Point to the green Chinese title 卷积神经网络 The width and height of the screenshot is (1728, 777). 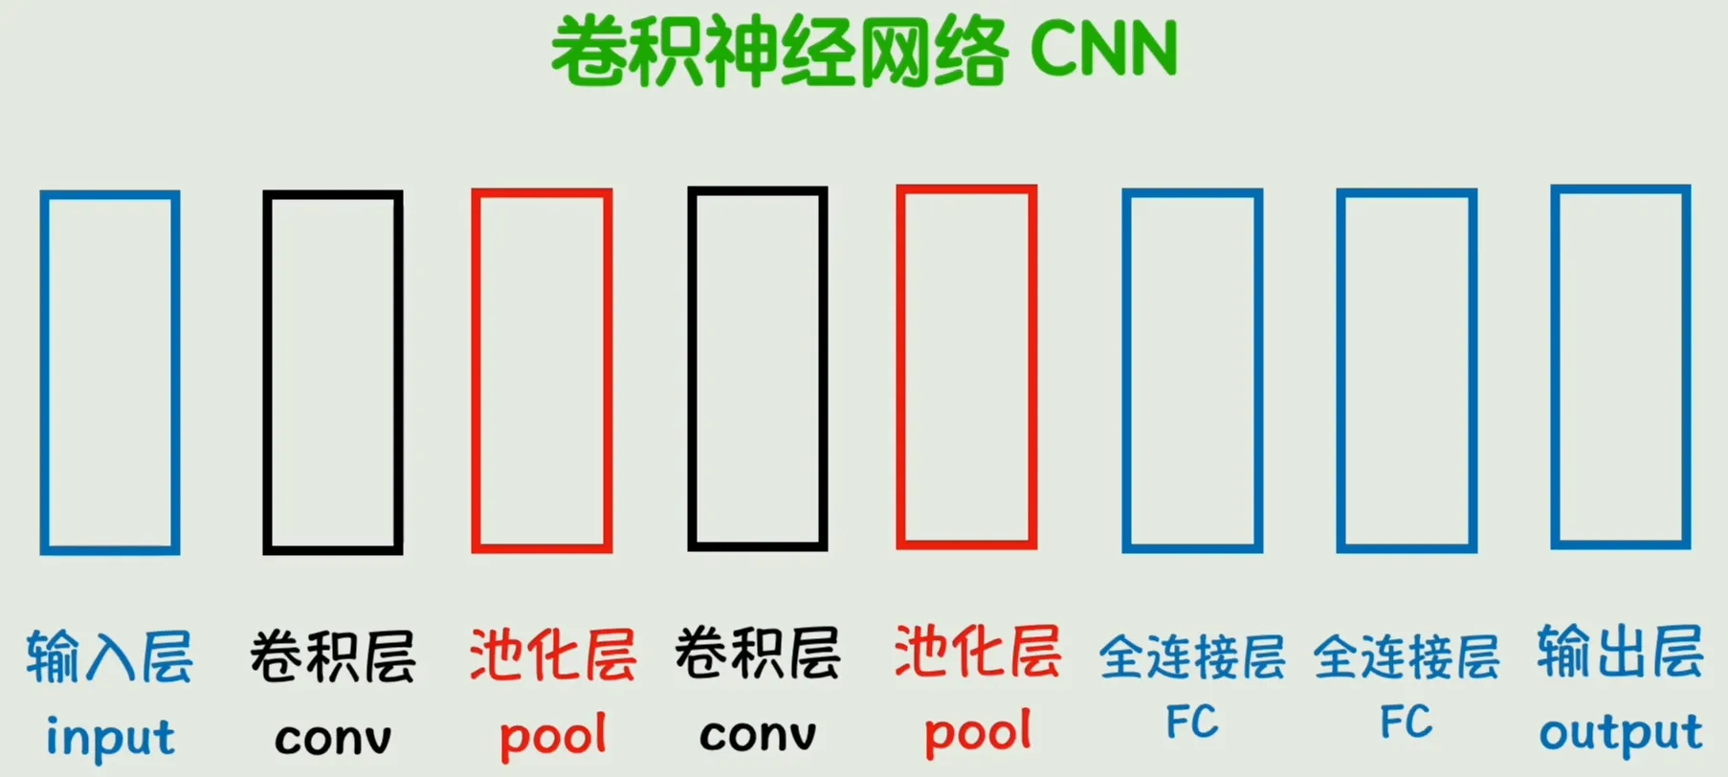click(780, 51)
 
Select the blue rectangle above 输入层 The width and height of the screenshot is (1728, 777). click(42, 372)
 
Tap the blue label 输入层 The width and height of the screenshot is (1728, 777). click(109, 656)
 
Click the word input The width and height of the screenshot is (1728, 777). click(110, 738)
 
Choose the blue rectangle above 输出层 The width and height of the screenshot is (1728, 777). click(1554, 367)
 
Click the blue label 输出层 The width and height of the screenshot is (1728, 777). click(1621, 652)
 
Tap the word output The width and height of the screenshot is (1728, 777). click(1621, 733)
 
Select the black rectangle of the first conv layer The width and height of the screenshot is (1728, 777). click(266, 372)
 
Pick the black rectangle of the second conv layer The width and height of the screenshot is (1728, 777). click(691, 368)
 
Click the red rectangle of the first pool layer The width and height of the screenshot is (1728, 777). click(475, 370)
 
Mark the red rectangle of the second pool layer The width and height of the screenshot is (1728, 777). click(899, 367)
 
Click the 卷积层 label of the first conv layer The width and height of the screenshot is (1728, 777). click(333, 656)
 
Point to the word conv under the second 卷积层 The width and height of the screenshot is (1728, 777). click(758, 735)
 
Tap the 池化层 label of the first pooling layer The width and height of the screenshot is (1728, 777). click(553, 655)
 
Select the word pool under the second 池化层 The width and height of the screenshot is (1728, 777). click(978, 732)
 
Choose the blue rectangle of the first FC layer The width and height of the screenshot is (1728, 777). click(1125, 370)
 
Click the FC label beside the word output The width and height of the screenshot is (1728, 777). click(1406, 721)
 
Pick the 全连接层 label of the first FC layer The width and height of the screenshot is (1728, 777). click(1192, 656)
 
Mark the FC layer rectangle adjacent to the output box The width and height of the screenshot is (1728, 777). click(1340, 370)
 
